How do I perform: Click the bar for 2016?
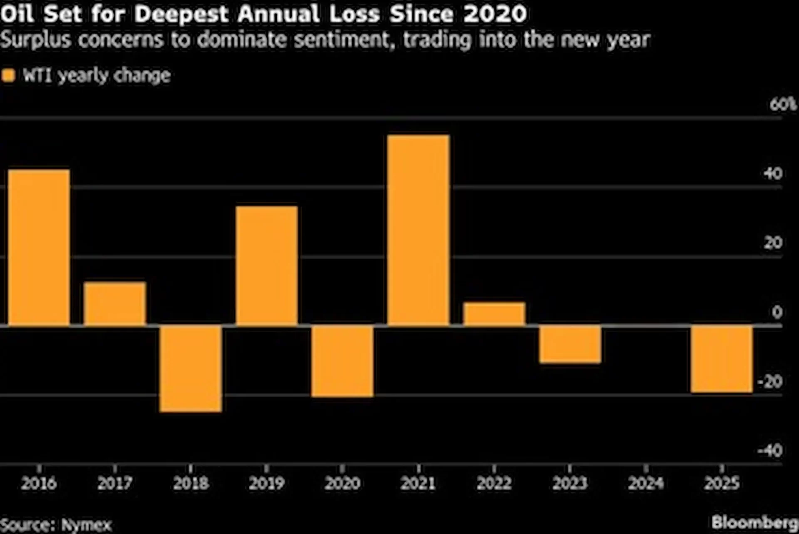39,247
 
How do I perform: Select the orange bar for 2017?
114,304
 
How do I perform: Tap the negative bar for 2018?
191,369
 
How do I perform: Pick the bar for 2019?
266,265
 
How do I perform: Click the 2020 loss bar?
342,361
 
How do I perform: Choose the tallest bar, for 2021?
418,230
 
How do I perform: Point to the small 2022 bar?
494,314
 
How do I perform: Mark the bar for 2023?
570,345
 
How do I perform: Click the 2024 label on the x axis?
645,483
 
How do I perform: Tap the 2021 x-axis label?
418,483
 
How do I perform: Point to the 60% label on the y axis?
782,104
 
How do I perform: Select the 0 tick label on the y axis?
777,312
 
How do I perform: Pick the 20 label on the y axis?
773,242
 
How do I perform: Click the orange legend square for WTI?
8,76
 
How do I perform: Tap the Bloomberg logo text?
754,522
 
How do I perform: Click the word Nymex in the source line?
87,525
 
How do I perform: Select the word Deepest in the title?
181,14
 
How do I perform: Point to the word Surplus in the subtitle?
35,40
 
